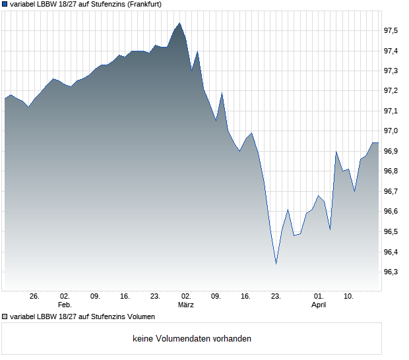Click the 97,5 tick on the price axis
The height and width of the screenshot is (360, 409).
click(391, 31)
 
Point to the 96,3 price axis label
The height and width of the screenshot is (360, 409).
click(391, 272)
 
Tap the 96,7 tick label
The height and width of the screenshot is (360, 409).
click(391, 192)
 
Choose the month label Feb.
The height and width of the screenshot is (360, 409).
click(65, 305)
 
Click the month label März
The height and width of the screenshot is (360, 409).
click(185, 305)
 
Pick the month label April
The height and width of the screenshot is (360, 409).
click(319, 305)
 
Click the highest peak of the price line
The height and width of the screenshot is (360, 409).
click(179, 23)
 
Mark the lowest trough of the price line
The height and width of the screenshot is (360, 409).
click(276, 264)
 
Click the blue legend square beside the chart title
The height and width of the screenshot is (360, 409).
click(5, 4)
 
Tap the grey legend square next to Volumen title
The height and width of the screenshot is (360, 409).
click(5, 317)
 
